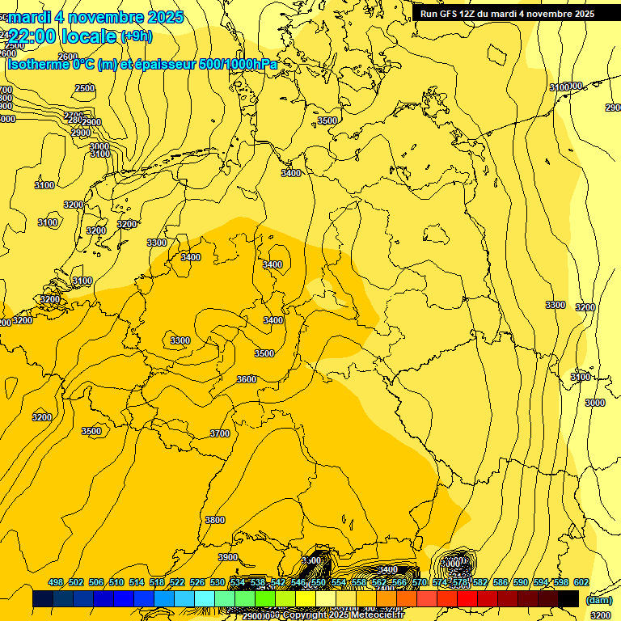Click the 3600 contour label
[247, 379]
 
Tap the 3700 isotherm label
[220, 433]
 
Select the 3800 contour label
[215, 520]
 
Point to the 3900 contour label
[228, 557]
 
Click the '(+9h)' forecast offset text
[135, 36]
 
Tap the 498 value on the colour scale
[56, 582]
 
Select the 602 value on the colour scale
[581, 582]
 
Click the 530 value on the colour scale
[218, 582]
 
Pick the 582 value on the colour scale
[480, 582]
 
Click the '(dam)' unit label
[599, 600]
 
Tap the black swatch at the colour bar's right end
[568, 598]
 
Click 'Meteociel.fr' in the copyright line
[378, 615]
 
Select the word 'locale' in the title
[93, 36]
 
